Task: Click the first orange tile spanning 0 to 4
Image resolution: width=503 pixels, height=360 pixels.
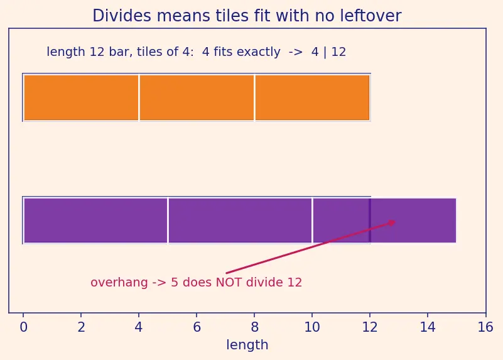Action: tap(81, 97)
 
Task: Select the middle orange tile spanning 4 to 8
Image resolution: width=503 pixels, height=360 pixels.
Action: tap(197, 97)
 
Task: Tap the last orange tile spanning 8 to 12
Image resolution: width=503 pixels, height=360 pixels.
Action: tap(312, 97)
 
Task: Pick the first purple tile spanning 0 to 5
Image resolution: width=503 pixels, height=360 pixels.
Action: tap(95, 221)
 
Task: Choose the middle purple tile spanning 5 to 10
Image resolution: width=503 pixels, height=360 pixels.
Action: tap(240, 221)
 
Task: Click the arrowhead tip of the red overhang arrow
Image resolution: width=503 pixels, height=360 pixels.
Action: tap(396, 221)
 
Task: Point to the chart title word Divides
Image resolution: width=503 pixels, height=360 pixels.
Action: tap(122, 16)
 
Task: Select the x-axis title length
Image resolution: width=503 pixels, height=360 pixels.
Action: tap(247, 346)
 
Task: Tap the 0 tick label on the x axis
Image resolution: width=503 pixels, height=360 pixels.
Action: tap(23, 327)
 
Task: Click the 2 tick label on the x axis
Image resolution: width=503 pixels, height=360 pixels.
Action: tap(81, 327)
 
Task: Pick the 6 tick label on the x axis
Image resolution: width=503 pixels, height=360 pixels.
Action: tap(197, 327)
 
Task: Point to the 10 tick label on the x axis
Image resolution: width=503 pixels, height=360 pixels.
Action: tap(312, 327)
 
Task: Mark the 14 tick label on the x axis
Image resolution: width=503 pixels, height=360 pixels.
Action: tap(428, 327)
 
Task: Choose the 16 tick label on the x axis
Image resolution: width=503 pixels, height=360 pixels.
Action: tap(485, 327)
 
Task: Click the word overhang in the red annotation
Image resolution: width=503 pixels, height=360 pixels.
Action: tap(119, 283)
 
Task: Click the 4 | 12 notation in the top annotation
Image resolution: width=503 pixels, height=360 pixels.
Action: tap(328, 52)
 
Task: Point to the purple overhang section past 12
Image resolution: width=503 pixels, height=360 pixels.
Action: tap(413, 221)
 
